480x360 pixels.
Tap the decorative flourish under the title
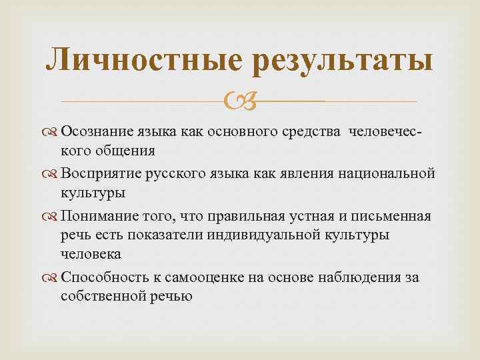tap(239, 101)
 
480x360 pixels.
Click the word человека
tap(91, 254)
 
